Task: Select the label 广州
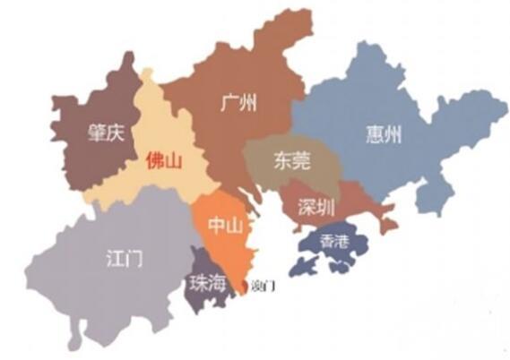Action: coord(238,104)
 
